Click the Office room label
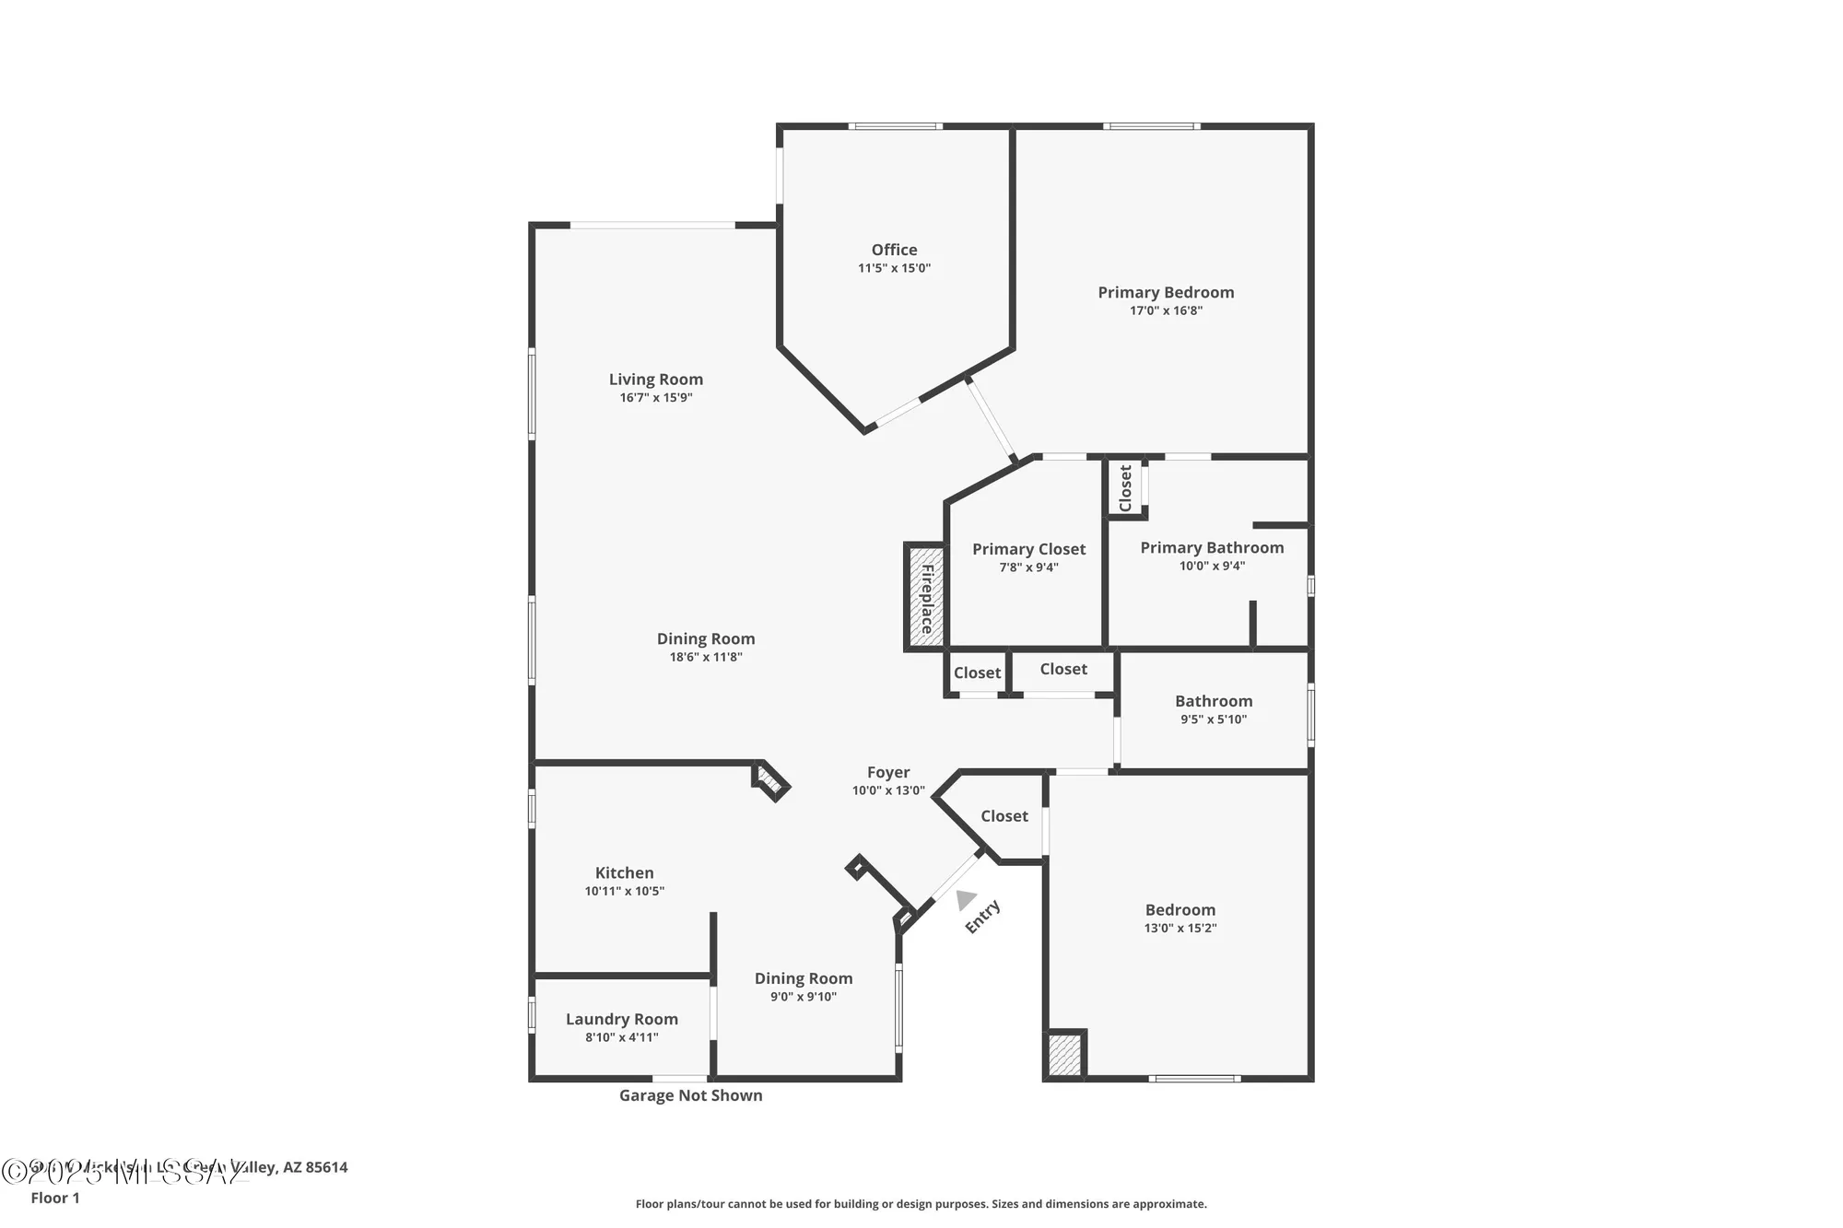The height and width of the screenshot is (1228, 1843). [894, 250]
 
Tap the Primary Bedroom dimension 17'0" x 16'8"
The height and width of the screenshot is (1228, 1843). [1166, 310]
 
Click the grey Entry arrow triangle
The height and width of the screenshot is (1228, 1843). [965, 899]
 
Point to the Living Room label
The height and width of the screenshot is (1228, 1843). [655, 380]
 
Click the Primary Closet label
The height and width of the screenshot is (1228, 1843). [1028, 549]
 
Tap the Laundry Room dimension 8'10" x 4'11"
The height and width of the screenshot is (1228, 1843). [621, 1037]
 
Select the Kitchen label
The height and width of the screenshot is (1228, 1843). [624, 872]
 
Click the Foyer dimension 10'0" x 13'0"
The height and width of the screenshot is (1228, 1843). [887, 790]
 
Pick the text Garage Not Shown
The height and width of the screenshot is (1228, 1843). [690, 1095]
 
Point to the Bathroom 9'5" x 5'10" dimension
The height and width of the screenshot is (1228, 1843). [1213, 719]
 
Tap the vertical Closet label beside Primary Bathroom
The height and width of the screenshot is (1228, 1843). [1125, 488]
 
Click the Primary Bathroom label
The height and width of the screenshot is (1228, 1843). [1212, 548]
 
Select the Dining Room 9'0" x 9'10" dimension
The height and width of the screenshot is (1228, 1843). [803, 997]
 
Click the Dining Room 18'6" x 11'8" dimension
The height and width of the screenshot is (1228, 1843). [705, 657]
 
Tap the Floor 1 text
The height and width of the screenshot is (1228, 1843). [55, 1198]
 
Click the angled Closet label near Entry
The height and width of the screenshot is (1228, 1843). [1004, 816]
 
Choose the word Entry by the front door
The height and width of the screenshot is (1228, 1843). [982, 917]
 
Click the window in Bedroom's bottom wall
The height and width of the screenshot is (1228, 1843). [1193, 1078]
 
